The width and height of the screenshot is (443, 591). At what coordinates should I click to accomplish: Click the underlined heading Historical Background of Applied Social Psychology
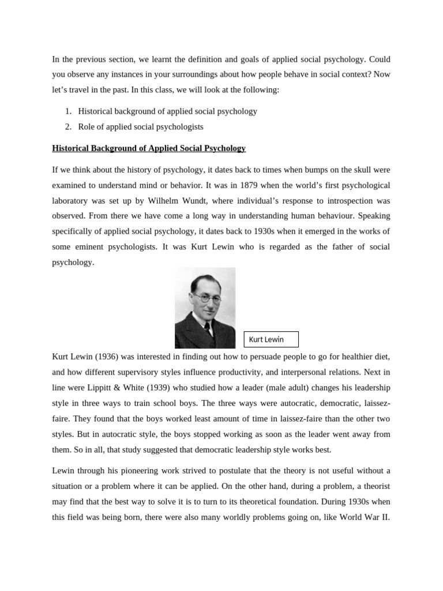(149, 148)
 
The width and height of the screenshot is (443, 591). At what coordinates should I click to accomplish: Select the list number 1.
(67, 111)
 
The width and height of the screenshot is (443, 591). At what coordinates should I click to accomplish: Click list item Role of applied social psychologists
(141, 126)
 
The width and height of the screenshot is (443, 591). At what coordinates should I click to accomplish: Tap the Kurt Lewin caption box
(271, 339)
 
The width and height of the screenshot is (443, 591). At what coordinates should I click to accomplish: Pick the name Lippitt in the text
(99, 387)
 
